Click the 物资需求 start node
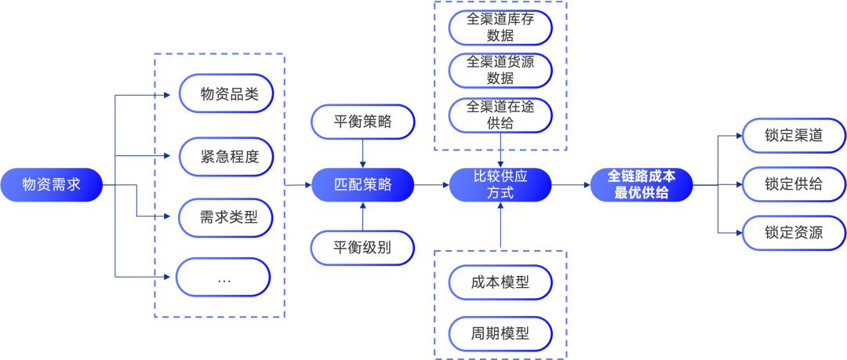tap(52, 185)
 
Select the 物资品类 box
tap(225, 94)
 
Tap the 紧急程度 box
tap(225, 156)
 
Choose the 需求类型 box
tap(225, 216)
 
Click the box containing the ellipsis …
tap(224, 278)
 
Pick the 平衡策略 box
tap(362, 122)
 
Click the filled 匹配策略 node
tap(362, 185)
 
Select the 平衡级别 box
tap(362, 248)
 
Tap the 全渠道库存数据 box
tap(500, 27)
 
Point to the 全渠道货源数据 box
tap(500, 70)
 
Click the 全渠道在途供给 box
tap(500, 114)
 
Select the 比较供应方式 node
tap(500, 185)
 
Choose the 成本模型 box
tap(500, 282)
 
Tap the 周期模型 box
tap(500, 333)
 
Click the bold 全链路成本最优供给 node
tap(642, 185)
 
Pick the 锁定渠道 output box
tap(794, 135)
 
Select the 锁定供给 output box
tap(794, 184)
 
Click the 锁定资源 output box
tap(794, 233)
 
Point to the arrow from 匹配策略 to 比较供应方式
tap(431, 185)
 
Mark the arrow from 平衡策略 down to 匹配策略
tap(362, 154)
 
